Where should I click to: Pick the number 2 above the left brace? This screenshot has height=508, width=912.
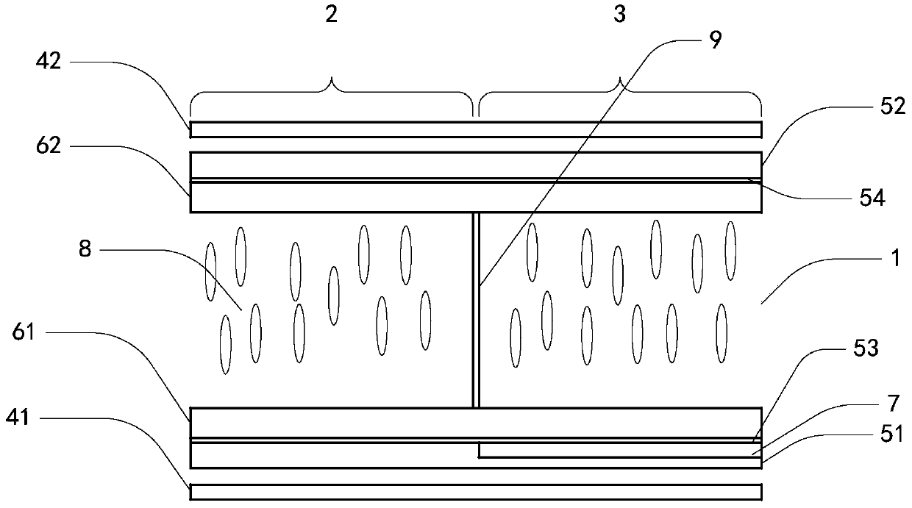(x=332, y=15)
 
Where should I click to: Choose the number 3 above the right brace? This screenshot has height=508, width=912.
(x=620, y=15)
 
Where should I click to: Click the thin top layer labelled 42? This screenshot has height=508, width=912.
(x=475, y=129)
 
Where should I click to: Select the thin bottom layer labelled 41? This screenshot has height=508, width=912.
(x=475, y=492)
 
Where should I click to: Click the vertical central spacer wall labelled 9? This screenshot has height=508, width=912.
(x=476, y=309)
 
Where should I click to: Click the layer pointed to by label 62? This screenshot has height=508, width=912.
(x=475, y=197)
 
